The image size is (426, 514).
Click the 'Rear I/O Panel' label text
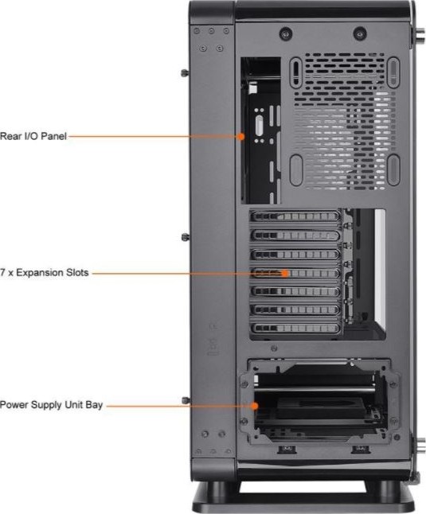point(33,136)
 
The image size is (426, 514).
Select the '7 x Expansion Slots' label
point(45,272)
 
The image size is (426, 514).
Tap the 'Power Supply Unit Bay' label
point(51,404)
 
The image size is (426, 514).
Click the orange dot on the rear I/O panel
point(241,136)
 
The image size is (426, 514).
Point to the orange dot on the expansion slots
point(285,273)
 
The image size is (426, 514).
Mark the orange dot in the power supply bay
point(255,406)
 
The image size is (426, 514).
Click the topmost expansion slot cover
point(295,216)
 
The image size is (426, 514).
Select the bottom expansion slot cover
point(295,328)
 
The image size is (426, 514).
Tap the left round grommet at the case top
point(286,33)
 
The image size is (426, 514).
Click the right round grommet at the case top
point(360,33)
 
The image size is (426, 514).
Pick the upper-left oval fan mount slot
point(295,72)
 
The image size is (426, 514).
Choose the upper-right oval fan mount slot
point(393,72)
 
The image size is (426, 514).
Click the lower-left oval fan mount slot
point(296,169)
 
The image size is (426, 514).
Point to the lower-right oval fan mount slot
point(393,169)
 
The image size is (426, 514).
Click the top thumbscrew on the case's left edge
point(185,72)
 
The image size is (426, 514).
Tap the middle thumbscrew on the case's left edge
point(186,236)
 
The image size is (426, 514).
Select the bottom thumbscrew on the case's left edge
point(186,400)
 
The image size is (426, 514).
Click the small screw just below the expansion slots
point(274,349)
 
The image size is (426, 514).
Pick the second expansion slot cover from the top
point(295,235)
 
